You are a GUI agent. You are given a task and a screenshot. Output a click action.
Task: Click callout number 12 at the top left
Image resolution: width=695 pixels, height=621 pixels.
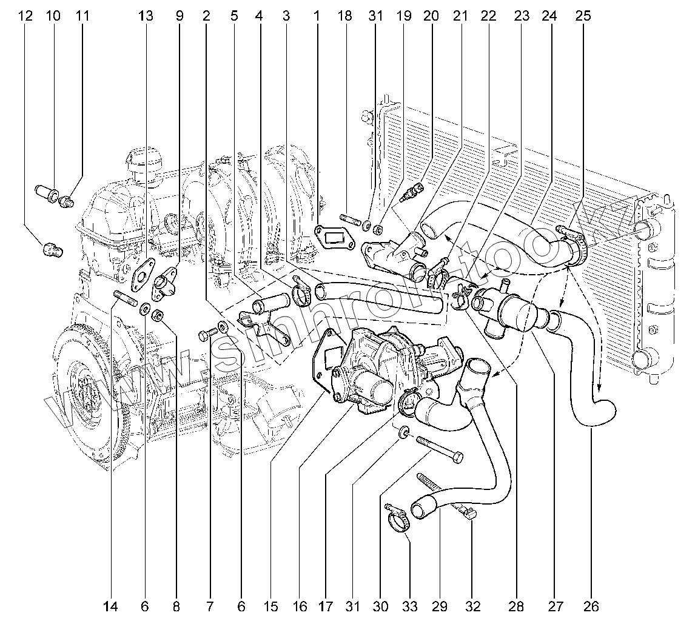point(25,16)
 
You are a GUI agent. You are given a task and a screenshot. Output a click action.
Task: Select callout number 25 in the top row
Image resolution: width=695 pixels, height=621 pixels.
point(582,16)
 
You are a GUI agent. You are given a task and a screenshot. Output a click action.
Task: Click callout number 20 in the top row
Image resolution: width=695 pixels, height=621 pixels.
point(431,16)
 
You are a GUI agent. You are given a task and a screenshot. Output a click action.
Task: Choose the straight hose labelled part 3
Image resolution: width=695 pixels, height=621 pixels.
point(379,297)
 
